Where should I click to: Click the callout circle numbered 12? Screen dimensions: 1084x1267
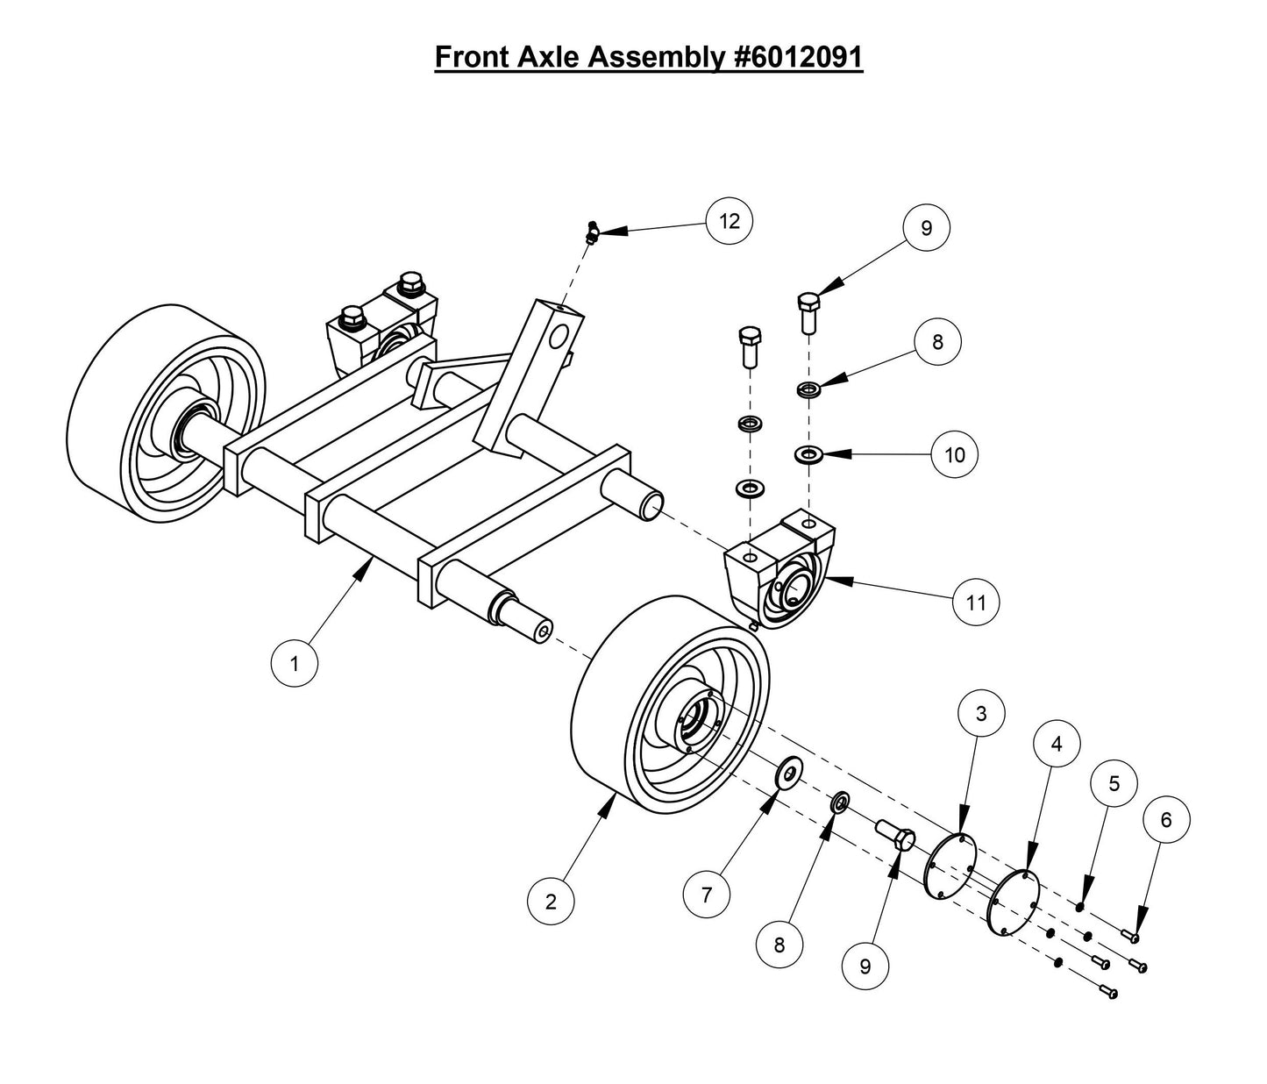(730, 221)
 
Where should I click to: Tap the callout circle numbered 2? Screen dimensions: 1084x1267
(551, 901)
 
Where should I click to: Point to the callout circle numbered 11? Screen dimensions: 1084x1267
(976, 603)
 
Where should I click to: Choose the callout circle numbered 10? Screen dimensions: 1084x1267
(954, 454)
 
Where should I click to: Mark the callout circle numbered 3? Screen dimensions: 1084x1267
(980, 714)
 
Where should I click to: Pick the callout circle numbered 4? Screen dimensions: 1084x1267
(1056, 744)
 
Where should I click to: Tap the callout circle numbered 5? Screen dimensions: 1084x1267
(1114, 783)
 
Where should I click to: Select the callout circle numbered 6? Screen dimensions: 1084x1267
(1165, 820)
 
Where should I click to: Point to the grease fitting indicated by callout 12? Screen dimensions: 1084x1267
(592, 233)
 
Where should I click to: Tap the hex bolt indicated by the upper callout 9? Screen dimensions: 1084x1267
(808, 312)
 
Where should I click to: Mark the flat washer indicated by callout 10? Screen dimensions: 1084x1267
(805, 454)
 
